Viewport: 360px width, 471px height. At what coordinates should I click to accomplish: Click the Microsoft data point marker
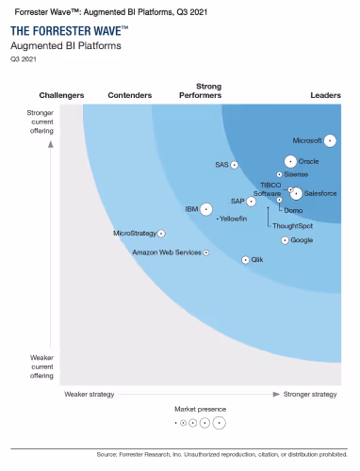point(331,140)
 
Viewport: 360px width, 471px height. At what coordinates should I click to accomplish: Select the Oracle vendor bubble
point(290,161)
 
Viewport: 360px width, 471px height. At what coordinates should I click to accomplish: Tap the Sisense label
point(297,174)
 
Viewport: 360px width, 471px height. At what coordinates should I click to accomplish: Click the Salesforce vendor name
point(321,193)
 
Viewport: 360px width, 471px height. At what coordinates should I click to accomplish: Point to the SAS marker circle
point(235,165)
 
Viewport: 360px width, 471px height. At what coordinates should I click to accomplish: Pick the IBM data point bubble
point(206,208)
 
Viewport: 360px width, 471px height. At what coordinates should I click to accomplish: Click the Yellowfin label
point(233,219)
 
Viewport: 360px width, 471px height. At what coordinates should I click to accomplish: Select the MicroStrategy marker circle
point(161,233)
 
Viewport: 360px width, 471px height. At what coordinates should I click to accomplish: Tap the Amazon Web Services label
point(167,252)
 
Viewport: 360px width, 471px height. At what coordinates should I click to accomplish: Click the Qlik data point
point(246,259)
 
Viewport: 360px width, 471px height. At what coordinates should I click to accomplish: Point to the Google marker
point(286,240)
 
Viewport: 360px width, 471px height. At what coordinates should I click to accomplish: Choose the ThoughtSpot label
point(293,226)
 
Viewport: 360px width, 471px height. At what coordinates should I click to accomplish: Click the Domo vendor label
point(293,210)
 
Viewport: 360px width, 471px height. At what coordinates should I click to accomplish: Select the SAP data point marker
point(252,201)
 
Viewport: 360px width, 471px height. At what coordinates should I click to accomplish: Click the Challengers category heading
point(61,95)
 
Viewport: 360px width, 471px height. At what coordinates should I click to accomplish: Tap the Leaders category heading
point(326,95)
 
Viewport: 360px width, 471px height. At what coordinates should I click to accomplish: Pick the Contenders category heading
point(130,95)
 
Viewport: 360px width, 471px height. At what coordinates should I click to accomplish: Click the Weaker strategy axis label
point(89,394)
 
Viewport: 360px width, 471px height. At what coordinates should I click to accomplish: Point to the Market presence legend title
point(200,409)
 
